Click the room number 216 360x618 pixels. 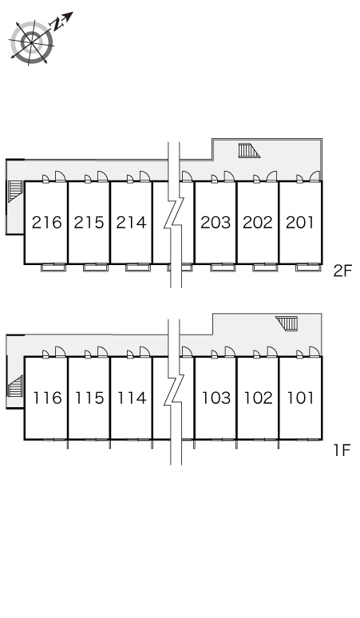click(47, 223)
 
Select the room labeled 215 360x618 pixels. click(89, 223)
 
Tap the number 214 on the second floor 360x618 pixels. click(131, 223)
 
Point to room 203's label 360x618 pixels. click(216, 223)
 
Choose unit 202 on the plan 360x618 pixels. click(258, 223)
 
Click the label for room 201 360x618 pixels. click(300, 223)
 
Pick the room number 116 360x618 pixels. click(48, 398)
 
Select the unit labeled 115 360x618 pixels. click(90, 398)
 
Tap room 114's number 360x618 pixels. click(132, 398)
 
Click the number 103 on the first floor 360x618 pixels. click(216, 398)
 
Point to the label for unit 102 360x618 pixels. click(259, 398)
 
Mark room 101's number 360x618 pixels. click(300, 398)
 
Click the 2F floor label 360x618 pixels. click(342, 271)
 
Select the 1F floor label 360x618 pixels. click(342, 450)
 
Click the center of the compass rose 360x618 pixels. click(31, 42)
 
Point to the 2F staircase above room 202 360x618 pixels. click(249, 151)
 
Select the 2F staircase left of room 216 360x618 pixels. click(14, 191)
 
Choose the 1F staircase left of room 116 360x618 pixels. click(15, 386)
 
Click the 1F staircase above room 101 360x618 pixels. click(287, 323)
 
